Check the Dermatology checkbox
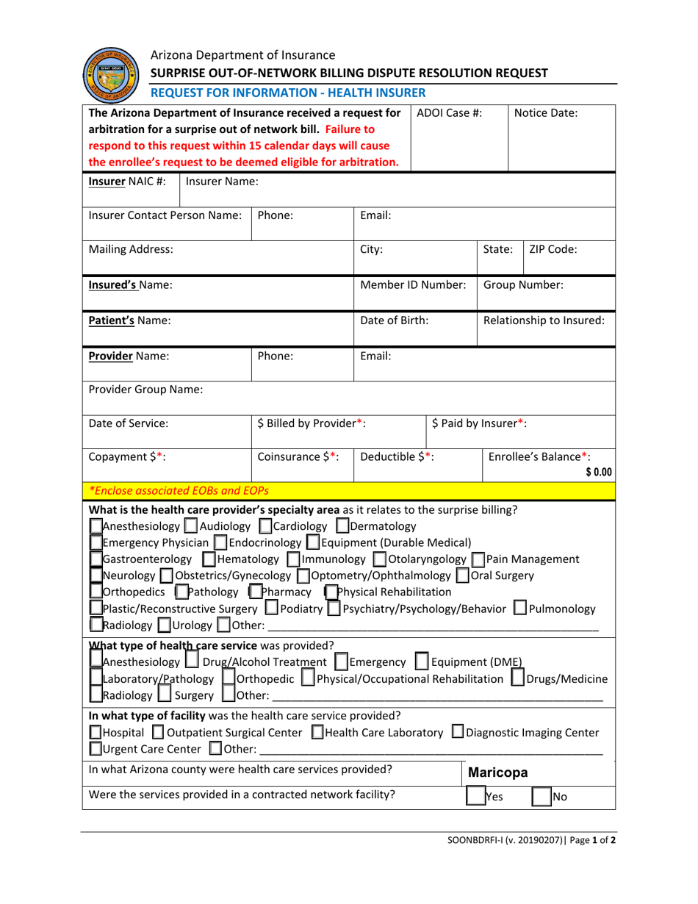pos(342,525)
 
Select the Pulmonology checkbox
pos(534,609)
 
